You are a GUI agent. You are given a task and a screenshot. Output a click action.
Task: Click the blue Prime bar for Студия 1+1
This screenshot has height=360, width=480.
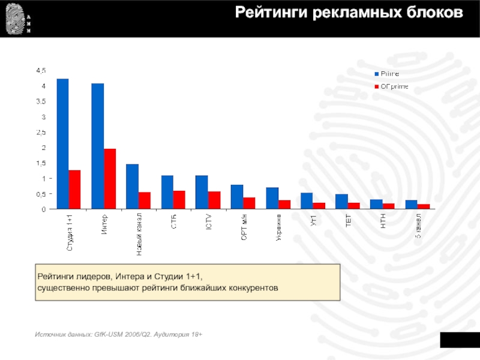click(x=63, y=144)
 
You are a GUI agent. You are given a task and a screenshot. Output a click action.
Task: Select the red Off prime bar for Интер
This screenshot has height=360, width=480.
click(x=109, y=179)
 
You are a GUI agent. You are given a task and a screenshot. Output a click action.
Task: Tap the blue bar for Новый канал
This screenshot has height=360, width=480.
click(x=132, y=187)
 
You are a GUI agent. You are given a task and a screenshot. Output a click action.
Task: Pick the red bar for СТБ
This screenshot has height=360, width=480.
click(x=179, y=200)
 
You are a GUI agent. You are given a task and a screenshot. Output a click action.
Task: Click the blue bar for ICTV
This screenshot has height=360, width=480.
click(x=202, y=192)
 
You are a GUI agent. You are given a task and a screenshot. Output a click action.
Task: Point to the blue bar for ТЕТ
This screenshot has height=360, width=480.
click(x=341, y=202)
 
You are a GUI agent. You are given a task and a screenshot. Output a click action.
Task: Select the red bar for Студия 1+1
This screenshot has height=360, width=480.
click(x=74, y=190)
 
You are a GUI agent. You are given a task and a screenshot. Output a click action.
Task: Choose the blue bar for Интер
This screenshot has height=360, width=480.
click(x=98, y=146)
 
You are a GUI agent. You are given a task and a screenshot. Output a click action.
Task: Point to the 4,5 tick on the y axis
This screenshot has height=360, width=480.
click(x=41, y=70)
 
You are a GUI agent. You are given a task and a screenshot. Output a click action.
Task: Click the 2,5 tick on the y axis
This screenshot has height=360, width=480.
click(x=41, y=132)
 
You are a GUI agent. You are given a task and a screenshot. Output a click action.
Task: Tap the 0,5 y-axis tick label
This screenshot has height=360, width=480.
click(x=41, y=194)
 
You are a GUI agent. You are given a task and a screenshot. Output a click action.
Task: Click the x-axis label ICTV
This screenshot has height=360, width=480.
click(x=208, y=223)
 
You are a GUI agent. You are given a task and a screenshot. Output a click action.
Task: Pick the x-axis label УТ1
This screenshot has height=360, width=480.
click(x=313, y=220)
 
